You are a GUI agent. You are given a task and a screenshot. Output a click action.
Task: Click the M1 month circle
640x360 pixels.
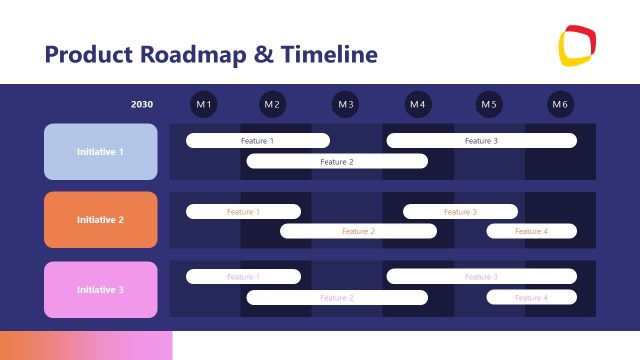coord(204,104)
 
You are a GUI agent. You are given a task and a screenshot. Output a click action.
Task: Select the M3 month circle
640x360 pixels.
coord(346,104)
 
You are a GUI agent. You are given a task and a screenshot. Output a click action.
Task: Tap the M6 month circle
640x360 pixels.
coord(560,104)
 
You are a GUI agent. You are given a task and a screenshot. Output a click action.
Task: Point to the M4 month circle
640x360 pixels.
coord(418,104)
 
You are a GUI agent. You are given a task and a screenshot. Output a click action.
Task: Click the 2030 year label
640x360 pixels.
coord(142,104)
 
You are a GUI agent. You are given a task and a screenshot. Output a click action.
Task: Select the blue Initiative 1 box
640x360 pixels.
coord(101,152)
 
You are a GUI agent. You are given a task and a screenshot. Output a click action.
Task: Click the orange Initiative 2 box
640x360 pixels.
coord(101,219)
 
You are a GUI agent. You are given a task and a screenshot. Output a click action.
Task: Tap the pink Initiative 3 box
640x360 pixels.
coord(101,290)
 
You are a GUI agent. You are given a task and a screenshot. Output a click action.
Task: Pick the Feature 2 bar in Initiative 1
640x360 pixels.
coord(337,161)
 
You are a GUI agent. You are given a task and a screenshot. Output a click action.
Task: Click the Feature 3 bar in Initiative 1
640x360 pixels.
coord(481,141)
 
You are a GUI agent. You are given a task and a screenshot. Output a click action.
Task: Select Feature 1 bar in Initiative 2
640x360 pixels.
coord(243,212)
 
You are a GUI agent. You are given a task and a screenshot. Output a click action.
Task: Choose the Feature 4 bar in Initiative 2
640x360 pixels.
coord(531,231)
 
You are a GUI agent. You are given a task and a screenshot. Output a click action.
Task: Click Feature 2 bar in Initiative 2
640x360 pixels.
coord(358,231)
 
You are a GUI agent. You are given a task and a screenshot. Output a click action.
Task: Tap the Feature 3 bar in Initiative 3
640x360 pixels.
coord(481,276)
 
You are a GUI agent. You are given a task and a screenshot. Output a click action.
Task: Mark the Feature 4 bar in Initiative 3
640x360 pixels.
coord(531,297)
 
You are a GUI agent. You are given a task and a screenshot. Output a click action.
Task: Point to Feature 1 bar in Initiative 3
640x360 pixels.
coord(243,276)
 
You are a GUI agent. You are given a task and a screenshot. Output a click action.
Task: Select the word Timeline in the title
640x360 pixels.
coord(330,53)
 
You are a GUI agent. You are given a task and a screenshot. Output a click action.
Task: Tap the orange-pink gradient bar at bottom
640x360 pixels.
coord(86,345)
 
